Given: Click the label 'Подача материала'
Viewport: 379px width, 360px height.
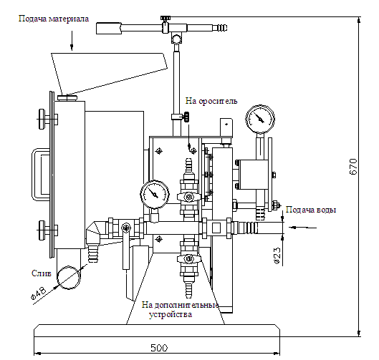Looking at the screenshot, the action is click(x=54, y=19).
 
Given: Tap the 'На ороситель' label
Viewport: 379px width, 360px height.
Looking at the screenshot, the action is click(x=211, y=101).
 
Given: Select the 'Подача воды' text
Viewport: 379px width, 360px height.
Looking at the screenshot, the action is click(x=311, y=210).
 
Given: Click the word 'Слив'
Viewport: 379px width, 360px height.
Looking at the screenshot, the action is click(x=42, y=273).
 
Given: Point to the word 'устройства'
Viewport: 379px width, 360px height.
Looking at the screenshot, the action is click(x=171, y=315).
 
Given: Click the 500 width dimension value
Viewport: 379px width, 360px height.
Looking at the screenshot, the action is click(x=159, y=348).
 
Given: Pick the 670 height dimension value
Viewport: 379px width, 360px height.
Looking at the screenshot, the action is click(x=353, y=166).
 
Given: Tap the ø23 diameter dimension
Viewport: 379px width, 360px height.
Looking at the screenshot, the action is click(x=277, y=256).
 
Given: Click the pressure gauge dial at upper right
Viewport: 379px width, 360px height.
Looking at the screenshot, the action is click(x=260, y=119).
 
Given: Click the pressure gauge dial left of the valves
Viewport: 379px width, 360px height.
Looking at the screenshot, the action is click(x=155, y=195).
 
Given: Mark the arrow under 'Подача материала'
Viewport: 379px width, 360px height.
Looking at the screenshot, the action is click(x=72, y=41).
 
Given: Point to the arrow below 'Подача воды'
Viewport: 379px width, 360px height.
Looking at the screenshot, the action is click(x=302, y=228).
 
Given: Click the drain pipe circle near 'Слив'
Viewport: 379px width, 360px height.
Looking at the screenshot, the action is click(x=69, y=278).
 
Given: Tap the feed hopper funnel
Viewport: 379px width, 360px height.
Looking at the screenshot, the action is click(x=109, y=74).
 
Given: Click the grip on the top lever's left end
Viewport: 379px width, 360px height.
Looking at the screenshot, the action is click(x=108, y=28).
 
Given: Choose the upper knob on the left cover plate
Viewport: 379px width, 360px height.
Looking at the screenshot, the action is click(x=42, y=119).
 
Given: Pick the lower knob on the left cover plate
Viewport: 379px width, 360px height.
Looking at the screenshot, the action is click(x=42, y=230).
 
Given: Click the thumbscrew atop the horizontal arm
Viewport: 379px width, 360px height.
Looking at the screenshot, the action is click(x=165, y=19).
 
